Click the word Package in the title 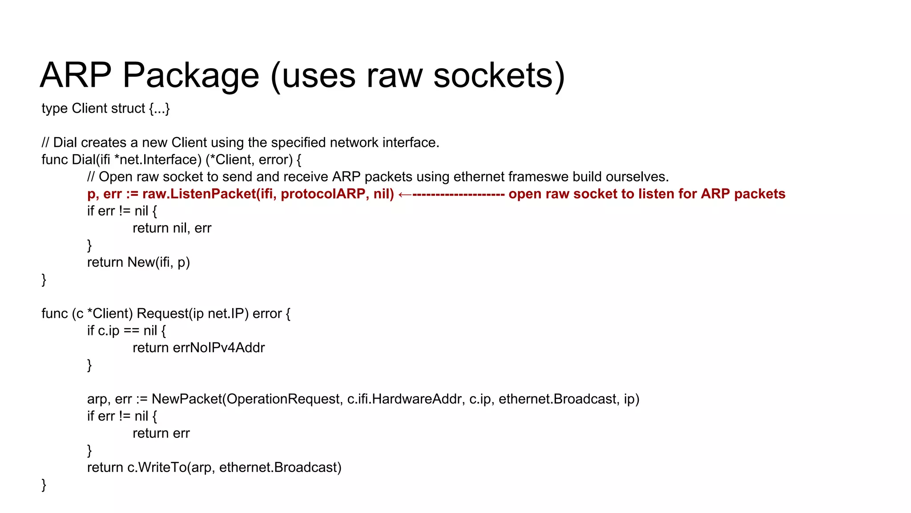pyautogui.click(x=190, y=76)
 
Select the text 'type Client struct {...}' pyautogui.click(x=106, y=109)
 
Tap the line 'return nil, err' pyautogui.click(x=172, y=228)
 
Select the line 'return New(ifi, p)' pyautogui.click(x=138, y=262)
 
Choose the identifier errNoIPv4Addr pyautogui.click(x=218, y=348)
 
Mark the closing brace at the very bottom pyautogui.click(x=44, y=484)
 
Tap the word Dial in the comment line pyautogui.click(x=65, y=143)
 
